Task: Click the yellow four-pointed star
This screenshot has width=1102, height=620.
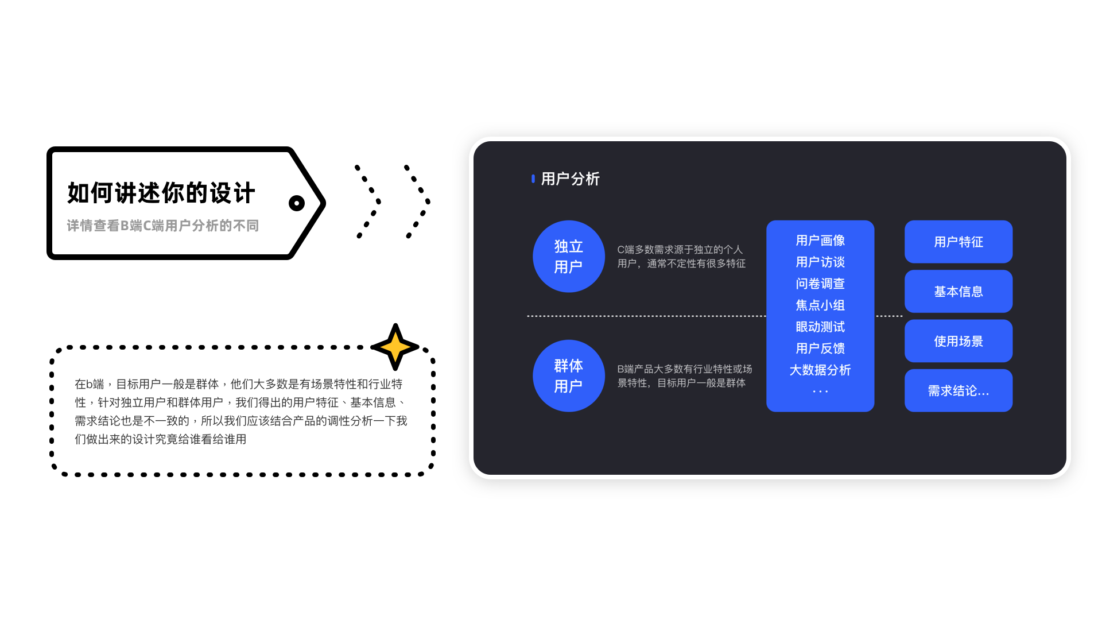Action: (395, 347)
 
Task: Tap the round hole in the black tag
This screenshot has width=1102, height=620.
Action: (297, 203)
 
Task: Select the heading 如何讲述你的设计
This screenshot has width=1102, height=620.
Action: (161, 193)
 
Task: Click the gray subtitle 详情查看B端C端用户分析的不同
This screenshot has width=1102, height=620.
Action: (163, 226)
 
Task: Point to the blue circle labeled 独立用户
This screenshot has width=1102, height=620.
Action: (568, 257)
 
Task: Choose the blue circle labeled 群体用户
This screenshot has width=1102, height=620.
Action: (568, 376)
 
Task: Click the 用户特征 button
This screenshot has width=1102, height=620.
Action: (958, 242)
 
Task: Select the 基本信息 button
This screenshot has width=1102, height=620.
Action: (958, 292)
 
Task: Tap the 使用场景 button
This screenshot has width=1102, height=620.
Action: (958, 341)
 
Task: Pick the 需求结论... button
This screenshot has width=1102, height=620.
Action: (958, 391)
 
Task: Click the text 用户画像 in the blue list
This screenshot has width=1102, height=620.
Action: (820, 241)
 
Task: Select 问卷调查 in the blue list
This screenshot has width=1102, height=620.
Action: (820, 284)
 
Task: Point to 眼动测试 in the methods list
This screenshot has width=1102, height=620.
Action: (820, 327)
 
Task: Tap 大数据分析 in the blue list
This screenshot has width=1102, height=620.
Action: (820, 370)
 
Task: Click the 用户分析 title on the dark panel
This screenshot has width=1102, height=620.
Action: (570, 179)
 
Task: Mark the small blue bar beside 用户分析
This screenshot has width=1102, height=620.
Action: (533, 179)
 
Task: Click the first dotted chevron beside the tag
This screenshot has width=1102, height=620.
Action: (368, 201)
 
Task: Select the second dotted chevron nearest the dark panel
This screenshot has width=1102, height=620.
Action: (418, 201)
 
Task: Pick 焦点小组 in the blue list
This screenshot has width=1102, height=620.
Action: (820, 305)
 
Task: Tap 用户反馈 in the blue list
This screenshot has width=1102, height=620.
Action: (820, 348)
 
